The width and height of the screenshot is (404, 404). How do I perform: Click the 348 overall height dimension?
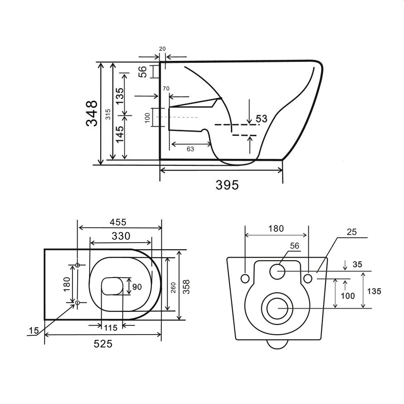92,114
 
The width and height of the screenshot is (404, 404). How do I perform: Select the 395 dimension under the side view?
227,185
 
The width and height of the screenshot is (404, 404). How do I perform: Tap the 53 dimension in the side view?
261,119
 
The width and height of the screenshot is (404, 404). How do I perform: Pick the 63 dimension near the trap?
190,149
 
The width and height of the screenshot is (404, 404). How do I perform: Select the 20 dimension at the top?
162,49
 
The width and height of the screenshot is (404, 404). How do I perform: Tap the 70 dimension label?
166,88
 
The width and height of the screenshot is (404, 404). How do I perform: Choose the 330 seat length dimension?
121,236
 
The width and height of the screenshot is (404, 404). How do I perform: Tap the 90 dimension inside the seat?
137,287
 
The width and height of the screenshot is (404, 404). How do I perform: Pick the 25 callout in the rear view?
351,232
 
